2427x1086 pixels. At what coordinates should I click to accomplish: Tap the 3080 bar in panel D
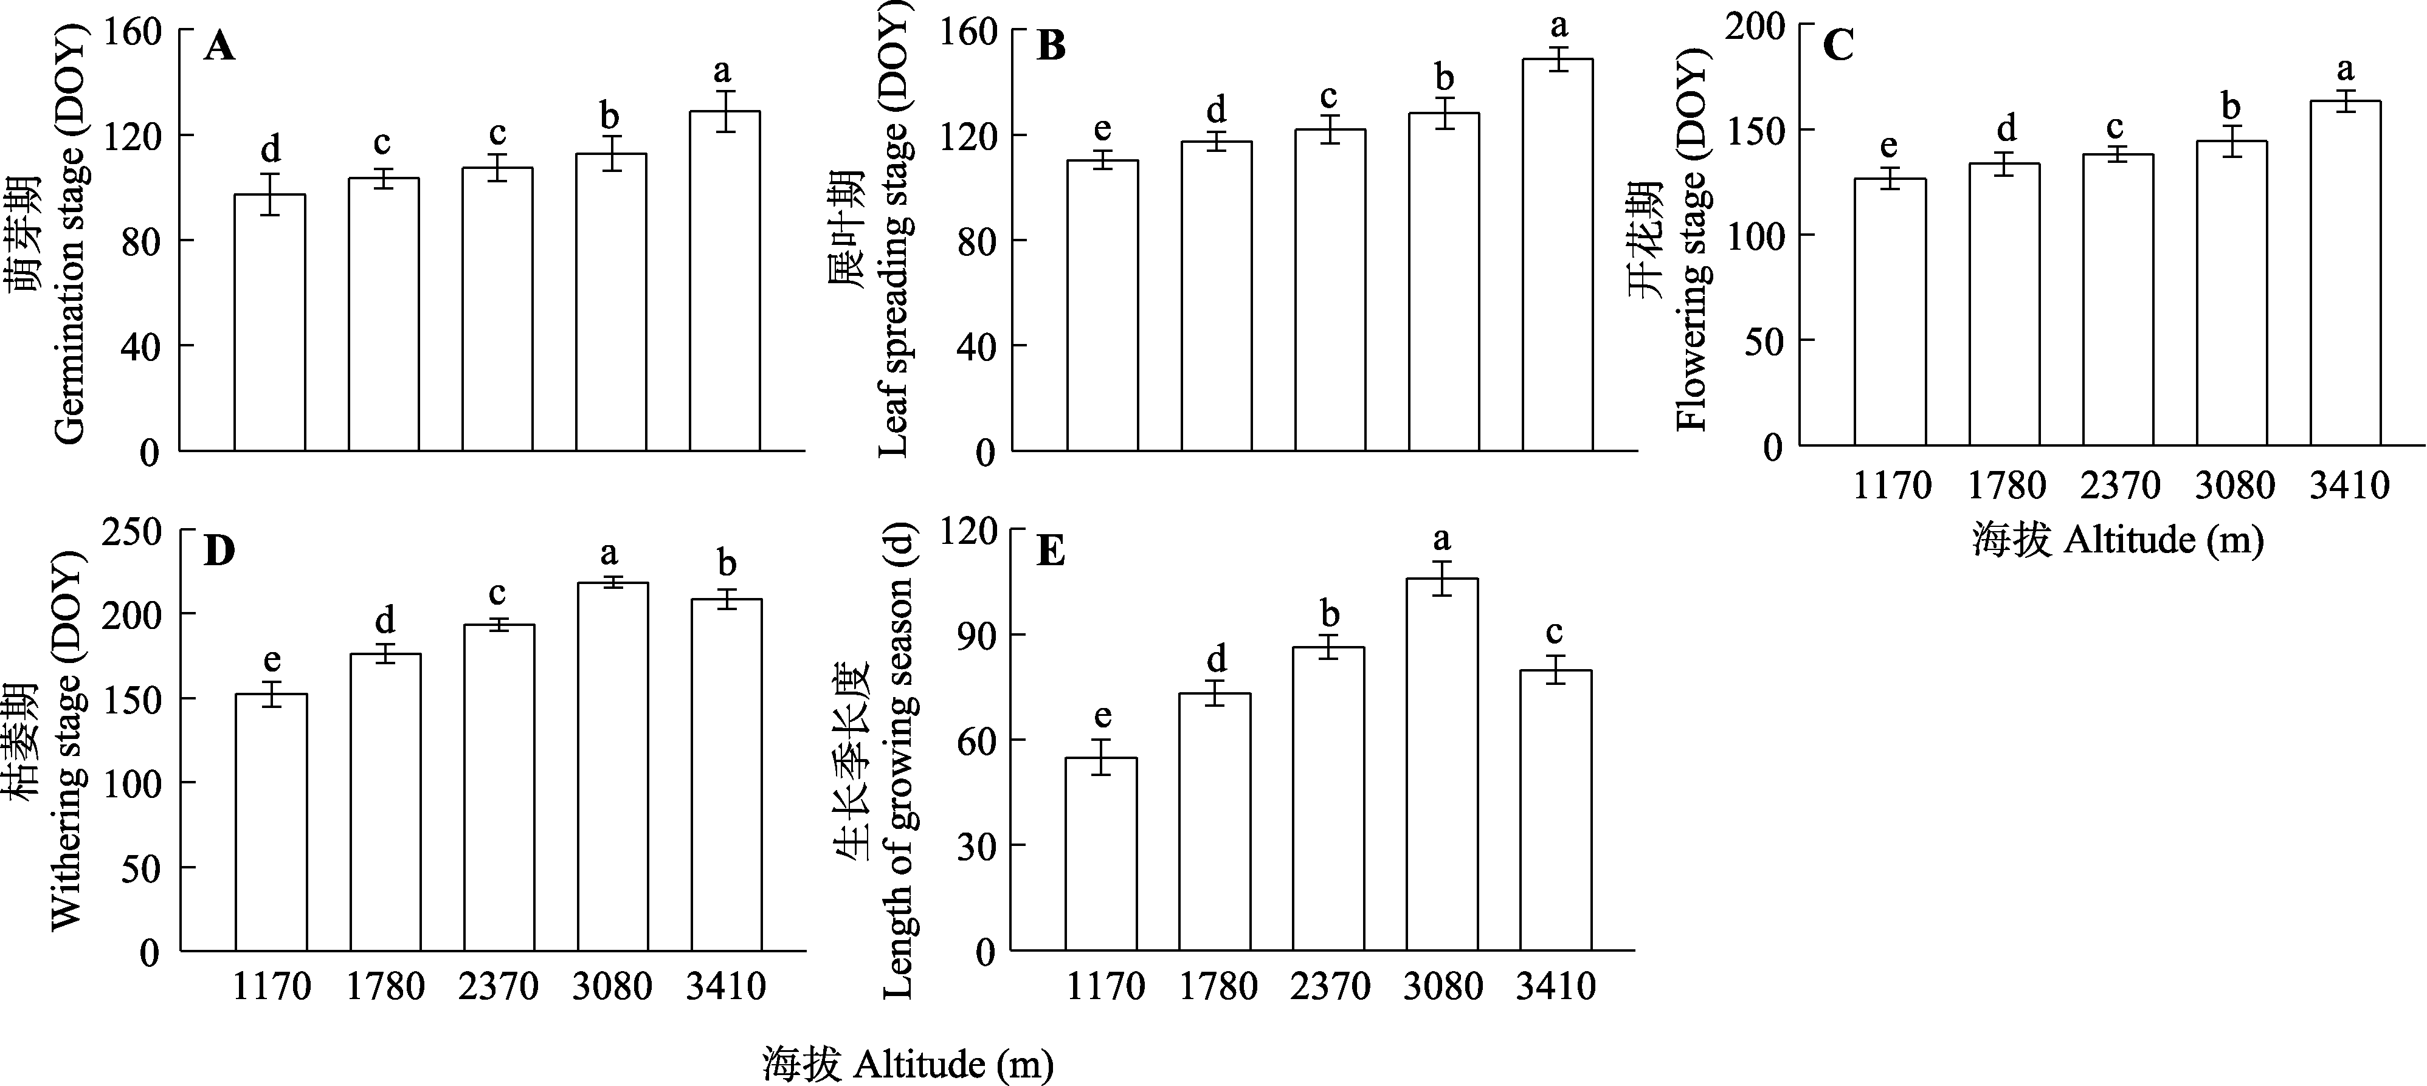[x=612, y=767]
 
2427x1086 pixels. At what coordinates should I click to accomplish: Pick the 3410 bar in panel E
[x=1556, y=810]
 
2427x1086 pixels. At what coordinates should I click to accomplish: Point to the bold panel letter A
[x=219, y=45]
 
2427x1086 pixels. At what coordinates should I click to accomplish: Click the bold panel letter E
[x=1051, y=550]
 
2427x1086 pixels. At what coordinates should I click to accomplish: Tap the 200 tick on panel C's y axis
[x=1755, y=26]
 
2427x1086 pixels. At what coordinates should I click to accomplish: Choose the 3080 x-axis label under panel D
[x=612, y=986]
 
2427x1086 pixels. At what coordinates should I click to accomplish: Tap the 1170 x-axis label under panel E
[x=1105, y=986]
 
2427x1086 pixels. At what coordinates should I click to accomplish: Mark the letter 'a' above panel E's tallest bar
[x=1441, y=540]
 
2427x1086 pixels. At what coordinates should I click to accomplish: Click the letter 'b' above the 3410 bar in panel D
[x=727, y=563]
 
